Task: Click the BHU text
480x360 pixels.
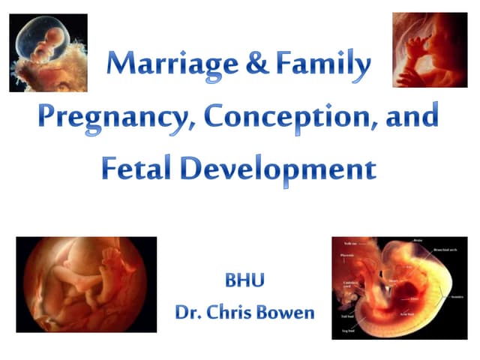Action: point(244,283)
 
